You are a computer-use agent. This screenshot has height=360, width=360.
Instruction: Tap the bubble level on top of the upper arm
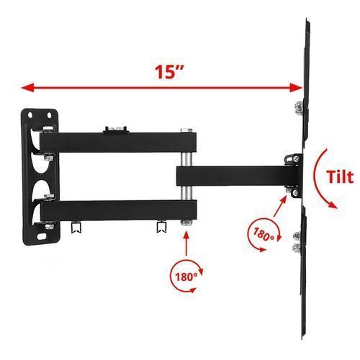click(115, 129)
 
